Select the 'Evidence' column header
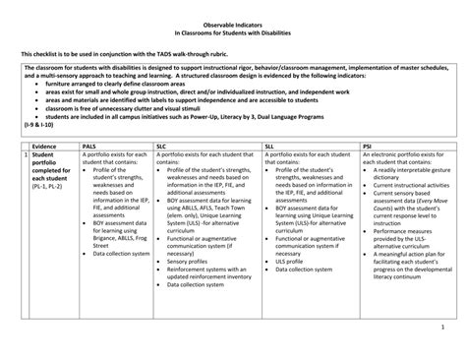coord(43,145)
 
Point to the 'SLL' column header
coord(270,145)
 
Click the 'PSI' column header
coord(367,145)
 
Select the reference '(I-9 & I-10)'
coord(40,128)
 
